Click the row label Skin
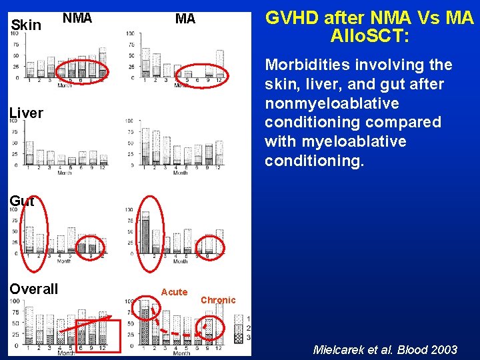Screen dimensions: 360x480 coord(27,25)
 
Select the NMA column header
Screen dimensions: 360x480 coord(77,19)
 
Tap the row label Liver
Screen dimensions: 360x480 coord(26,113)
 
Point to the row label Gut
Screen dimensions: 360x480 coord(22,201)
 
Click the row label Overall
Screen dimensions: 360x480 coord(33,289)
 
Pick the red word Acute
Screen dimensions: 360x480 coord(174,292)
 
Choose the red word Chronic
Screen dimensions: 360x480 coord(218,300)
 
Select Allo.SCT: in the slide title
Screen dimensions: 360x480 coord(369,36)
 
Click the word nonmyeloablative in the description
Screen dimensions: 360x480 coord(331,103)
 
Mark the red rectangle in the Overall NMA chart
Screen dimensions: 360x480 coord(97,336)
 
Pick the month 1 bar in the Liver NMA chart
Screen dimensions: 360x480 coord(29,153)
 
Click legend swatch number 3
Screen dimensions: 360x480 coord(239,339)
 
